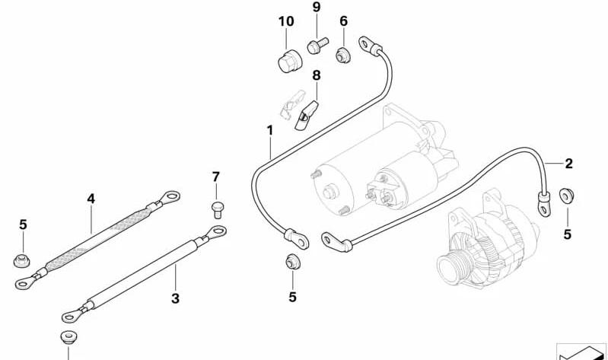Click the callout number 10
click(286, 21)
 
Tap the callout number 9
click(317, 7)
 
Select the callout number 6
click(343, 21)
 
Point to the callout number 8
click(317, 75)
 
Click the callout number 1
click(270, 130)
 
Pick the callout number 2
click(568, 164)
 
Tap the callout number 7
click(216, 177)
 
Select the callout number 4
click(91, 199)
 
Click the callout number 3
click(175, 298)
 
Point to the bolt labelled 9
click(317, 45)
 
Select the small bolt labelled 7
click(218, 209)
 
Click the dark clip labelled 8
click(306, 115)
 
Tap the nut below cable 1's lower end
click(292, 263)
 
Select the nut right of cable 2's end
click(566, 196)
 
